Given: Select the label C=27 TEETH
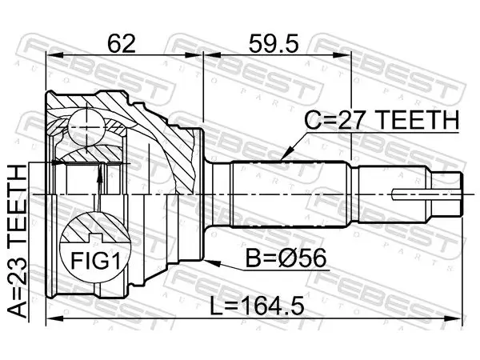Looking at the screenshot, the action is pos(382,120).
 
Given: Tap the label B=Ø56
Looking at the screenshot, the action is pos(286,258).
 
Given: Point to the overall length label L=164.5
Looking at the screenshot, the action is pos(257,306).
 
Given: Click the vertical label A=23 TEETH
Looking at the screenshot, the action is pos(17,242).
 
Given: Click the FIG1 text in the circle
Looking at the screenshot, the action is pos(95,261).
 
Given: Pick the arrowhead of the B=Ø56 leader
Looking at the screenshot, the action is pos(211,262).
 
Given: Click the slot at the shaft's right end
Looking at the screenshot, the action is pos(426,194).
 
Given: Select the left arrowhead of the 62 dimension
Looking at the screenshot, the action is pos(54,55).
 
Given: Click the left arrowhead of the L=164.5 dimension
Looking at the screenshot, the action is pos(54,318).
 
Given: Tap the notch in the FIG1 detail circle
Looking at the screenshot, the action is pos(95,238).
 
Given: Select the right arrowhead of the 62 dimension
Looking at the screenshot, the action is pos(194,55).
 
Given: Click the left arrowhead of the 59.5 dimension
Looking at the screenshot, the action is pos(212,55).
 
